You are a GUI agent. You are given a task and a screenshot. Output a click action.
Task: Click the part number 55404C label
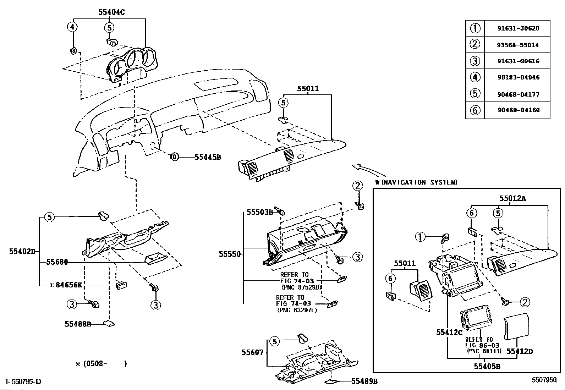[111, 12]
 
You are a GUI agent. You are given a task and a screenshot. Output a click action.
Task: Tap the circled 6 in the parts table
[475, 110]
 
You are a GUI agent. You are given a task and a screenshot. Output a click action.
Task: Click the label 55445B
[208, 157]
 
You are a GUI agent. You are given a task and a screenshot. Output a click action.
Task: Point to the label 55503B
[260, 213]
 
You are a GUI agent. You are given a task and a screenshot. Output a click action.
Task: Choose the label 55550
[230, 254]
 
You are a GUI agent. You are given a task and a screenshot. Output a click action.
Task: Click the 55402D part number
[22, 251]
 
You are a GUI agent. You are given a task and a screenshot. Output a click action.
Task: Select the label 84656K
[69, 285]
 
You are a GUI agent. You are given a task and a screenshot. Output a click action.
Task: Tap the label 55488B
[78, 324]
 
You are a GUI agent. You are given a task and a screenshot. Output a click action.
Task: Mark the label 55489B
[364, 381]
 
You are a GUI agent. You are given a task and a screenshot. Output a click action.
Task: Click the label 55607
[252, 352]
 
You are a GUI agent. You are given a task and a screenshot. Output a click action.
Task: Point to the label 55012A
[513, 198]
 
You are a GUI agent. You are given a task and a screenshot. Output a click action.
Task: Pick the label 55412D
[520, 351]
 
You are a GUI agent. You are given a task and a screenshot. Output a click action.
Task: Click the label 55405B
[487, 366]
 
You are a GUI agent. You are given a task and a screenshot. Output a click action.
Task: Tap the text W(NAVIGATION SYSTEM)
[416, 182]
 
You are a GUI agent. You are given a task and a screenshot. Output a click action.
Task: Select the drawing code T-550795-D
[23, 381]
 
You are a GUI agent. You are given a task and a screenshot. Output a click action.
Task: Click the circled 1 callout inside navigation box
[420, 237]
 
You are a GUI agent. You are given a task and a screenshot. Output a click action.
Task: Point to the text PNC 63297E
[297, 310]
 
